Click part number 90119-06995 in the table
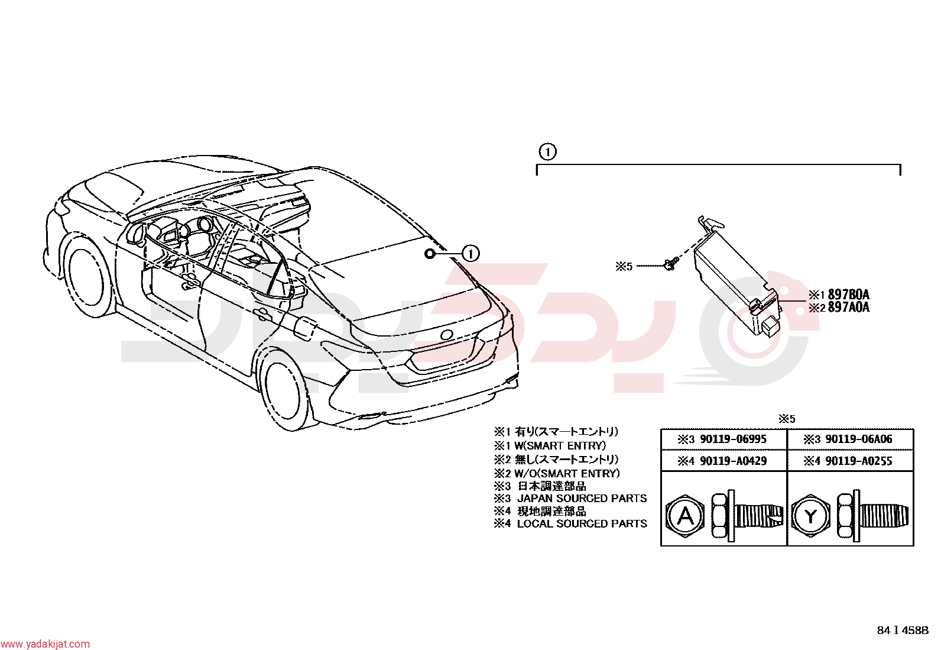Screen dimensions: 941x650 click(733, 439)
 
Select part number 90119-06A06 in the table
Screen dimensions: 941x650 click(859, 439)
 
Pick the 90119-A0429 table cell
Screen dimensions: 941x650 click(723, 461)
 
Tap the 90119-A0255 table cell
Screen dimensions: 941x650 click(850, 461)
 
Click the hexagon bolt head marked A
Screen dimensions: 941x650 click(686, 516)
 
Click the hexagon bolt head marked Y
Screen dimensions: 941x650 click(811, 516)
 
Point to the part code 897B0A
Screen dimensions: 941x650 click(849, 295)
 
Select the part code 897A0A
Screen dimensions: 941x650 click(849, 308)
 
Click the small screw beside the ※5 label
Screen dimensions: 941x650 click(671, 264)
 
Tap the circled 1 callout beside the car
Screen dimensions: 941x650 click(471, 254)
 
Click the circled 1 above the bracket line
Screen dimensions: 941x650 click(547, 151)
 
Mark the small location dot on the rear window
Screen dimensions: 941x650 click(429, 254)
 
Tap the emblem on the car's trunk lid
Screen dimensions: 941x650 click(446, 335)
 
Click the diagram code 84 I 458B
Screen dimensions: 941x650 click(903, 630)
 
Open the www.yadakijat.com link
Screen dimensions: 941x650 click(45, 643)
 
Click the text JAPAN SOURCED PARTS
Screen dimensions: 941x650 click(582, 499)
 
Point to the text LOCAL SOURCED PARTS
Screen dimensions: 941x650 click(582, 524)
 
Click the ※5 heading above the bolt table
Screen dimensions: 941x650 click(787, 419)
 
